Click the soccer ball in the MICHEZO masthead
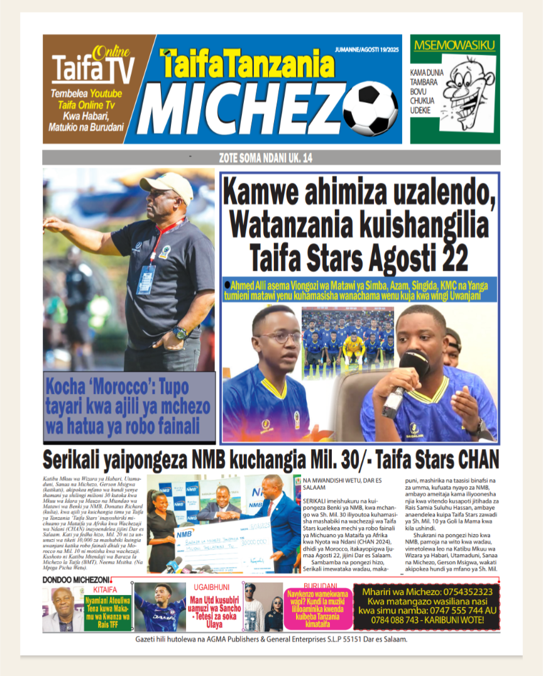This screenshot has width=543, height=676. [x=370, y=109]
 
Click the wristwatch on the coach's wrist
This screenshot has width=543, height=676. [x=180, y=332]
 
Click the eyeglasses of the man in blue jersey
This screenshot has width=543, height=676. [x=278, y=338]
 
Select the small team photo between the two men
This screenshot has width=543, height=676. [x=348, y=343]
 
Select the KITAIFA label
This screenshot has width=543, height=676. [x=105, y=590]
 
